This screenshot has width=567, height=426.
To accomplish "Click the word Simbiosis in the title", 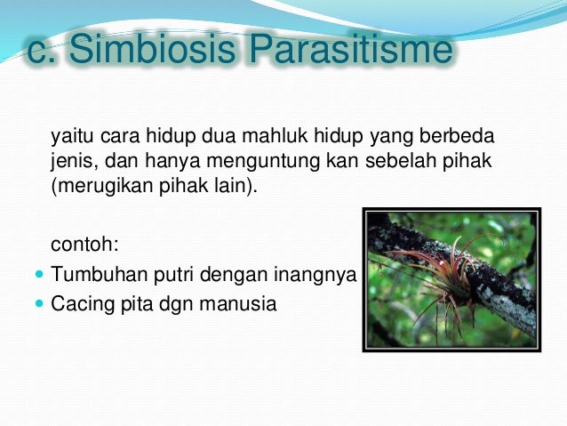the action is click(x=152, y=49).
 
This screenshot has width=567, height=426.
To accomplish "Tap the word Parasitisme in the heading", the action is click(x=351, y=49).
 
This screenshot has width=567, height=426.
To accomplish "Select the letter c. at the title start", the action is click(x=42, y=52).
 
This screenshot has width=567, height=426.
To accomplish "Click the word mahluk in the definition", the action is click(x=275, y=136).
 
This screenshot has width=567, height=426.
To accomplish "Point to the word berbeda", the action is click(x=457, y=136).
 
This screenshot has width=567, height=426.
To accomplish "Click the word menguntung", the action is click(x=264, y=162).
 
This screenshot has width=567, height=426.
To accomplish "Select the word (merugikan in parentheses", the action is click(x=102, y=186).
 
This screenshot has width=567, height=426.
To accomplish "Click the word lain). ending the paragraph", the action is click(x=238, y=186).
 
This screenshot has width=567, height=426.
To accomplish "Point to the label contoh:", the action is click(x=85, y=244).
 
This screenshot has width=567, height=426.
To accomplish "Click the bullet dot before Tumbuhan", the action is click(x=39, y=274).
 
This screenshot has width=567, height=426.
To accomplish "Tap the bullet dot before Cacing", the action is click(x=39, y=303).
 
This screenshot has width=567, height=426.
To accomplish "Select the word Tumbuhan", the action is click(x=100, y=274).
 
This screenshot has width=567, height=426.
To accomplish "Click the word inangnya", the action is click(x=315, y=275).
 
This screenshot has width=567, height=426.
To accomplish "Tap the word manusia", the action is click(x=238, y=303).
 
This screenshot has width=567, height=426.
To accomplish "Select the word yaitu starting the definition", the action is click(x=72, y=137).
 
